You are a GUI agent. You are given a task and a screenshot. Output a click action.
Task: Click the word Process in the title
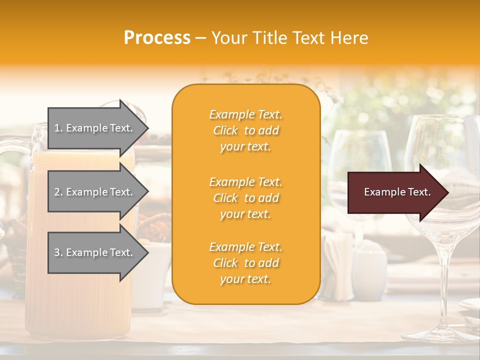pyautogui.click(x=157, y=38)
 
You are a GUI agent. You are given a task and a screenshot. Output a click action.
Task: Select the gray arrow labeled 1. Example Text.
pyautogui.click(x=95, y=128)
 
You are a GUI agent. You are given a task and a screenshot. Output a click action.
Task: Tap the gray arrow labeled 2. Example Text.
pyautogui.click(x=95, y=192)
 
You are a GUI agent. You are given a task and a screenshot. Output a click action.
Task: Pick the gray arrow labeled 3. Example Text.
pyautogui.click(x=95, y=252)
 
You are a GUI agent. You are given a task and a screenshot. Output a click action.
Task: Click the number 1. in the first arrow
pyautogui.click(x=58, y=128)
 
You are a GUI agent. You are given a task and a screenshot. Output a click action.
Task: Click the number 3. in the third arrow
pyautogui.click(x=58, y=252)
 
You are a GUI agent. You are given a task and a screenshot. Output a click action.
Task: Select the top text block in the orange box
pyautogui.click(x=245, y=130)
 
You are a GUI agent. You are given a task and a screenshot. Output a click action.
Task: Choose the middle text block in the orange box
pyautogui.click(x=245, y=198)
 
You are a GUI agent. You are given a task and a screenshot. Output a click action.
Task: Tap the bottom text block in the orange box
pyautogui.click(x=245, y=263)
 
